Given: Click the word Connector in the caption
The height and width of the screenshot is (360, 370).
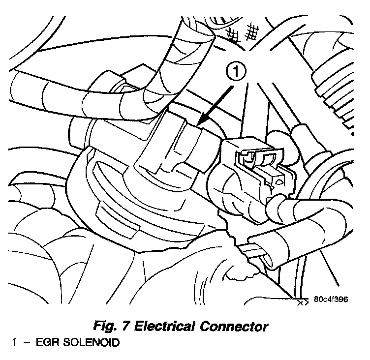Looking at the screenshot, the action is [238, 326].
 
